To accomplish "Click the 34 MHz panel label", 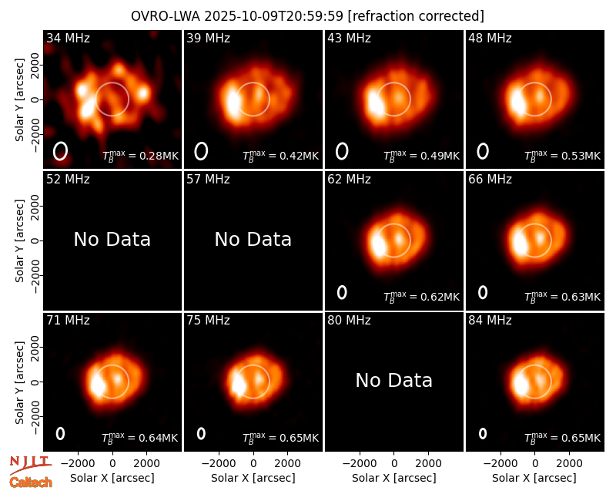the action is pos(68,38).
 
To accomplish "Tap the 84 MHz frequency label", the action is pos(490,321).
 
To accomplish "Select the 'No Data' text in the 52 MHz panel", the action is pos(112,239).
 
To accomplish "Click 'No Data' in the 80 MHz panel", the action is pos(393,380).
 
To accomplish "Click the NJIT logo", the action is pos(30,462).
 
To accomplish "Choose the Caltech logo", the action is pos(31,483).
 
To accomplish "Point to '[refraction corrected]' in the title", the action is pos(416,16).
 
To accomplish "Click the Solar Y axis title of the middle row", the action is pos(19,240).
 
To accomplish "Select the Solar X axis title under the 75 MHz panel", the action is pos(253,478).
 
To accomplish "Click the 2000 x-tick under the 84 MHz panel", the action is pos(569,463).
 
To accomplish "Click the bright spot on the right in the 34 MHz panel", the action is pos(143,93).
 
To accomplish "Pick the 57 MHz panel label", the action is pos(208,180).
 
